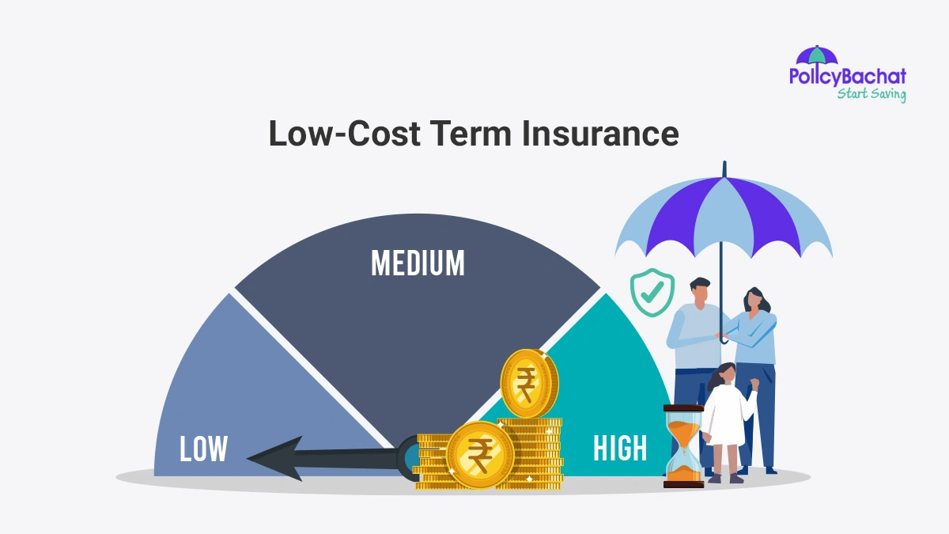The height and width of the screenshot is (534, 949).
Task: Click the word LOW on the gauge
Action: point(203,449)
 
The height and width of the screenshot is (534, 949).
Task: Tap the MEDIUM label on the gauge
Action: point(418,263)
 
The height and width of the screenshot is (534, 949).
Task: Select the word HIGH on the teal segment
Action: point(620,449)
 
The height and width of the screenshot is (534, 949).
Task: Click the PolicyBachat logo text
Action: point(847,77)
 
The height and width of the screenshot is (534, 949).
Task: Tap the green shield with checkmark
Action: point(652,294)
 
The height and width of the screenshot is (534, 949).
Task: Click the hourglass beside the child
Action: point(683,446)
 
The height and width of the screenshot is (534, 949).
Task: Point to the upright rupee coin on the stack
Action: point(528,384)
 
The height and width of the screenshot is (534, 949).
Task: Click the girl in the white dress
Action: point(725,415)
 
